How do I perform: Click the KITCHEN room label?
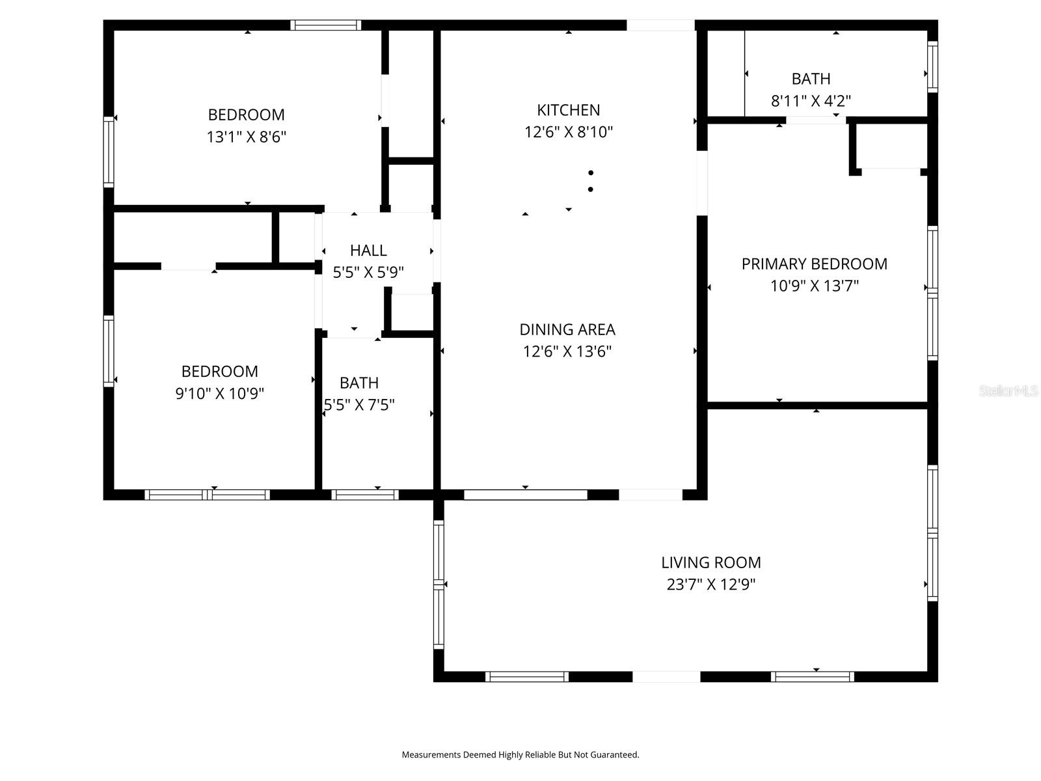point(568,110)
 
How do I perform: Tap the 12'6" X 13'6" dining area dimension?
point(567,351)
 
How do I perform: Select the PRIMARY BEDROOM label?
point(814,264)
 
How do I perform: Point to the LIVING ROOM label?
point(710,562)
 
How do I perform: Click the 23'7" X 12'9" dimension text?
point(710,584)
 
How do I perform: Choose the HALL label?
point(368,250)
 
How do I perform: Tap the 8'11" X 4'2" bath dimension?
point(811,101)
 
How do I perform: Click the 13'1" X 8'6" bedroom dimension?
point(246,137)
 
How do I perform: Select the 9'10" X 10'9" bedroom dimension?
point(219,393)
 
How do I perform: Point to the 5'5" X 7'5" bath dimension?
point(360,405)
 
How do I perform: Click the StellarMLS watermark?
point(1008,391)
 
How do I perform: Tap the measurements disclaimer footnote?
point(520,755)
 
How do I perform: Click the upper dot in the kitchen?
point(591,172)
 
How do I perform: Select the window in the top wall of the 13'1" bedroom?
point(325,25)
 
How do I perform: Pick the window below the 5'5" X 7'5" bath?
point(365,495)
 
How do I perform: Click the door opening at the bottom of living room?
point(666,677)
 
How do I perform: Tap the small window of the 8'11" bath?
point(932,66)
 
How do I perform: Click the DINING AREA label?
point(567,329)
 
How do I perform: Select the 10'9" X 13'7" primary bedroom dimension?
point(814,286)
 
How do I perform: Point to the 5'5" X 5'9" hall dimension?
point(368,272)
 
